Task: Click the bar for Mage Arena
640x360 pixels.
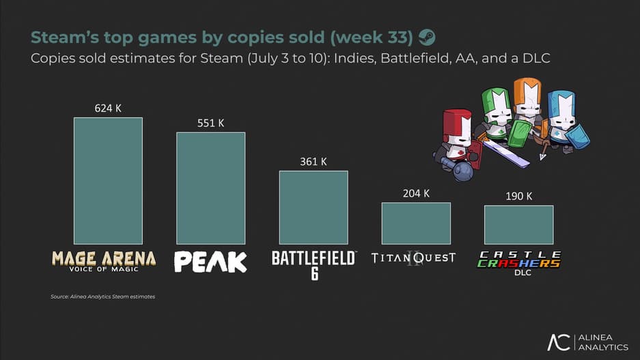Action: [108, 181]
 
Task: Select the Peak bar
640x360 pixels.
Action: [210, 188]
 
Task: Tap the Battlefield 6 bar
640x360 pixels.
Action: [314, 207]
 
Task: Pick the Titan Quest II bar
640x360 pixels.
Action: [416, 223]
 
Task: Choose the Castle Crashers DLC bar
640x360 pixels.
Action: [518, 225]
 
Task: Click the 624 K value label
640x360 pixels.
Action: [108, 108]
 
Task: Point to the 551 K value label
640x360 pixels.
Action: [210, 123]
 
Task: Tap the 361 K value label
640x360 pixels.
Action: [314, 162]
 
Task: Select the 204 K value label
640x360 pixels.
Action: [416, 193]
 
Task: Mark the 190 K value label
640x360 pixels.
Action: [518, 196]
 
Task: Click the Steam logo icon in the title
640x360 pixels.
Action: [427, 37]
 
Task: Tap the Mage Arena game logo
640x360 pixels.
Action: [104, 260]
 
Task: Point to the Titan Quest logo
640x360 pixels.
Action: [413, 258]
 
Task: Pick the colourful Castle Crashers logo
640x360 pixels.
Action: [518, 259]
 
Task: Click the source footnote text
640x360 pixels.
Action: [102, 296]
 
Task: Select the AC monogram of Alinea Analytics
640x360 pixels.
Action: [558, 342]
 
